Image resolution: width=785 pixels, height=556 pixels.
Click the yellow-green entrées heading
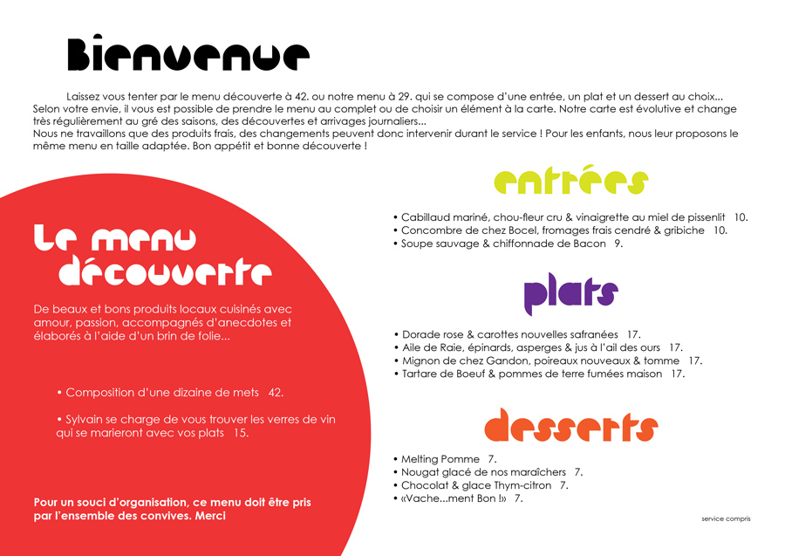point(571,182)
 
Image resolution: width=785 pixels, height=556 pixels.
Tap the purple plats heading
point(570,296)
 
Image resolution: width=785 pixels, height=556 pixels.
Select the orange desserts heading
point(570,425)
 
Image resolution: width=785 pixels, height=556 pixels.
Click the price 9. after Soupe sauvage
point(618,244)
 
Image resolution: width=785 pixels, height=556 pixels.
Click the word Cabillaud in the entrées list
point(427,217)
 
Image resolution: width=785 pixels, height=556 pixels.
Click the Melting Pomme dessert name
point(440,459)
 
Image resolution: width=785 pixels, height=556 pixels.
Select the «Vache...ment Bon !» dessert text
point(454,498)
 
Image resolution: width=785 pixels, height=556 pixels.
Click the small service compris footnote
point(726,518)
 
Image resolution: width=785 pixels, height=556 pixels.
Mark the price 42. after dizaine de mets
point(276,393)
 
